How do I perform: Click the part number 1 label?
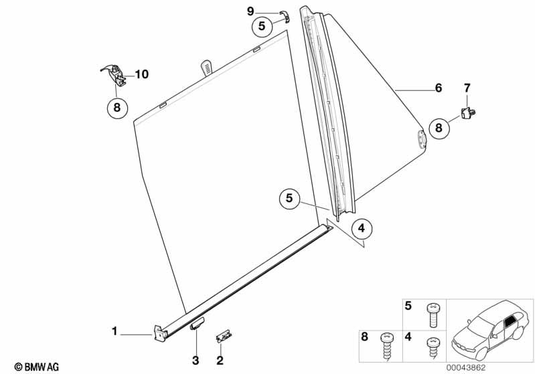point(114,331)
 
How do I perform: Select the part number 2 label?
point(219,361)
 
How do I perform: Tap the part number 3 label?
point(196,361)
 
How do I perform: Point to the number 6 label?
point(439,88)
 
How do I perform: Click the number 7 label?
point(467,88)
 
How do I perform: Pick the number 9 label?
point(250,11)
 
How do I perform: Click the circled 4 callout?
point(360,229)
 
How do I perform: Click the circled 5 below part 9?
point(262,27)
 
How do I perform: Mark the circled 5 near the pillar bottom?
point(289,197)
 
